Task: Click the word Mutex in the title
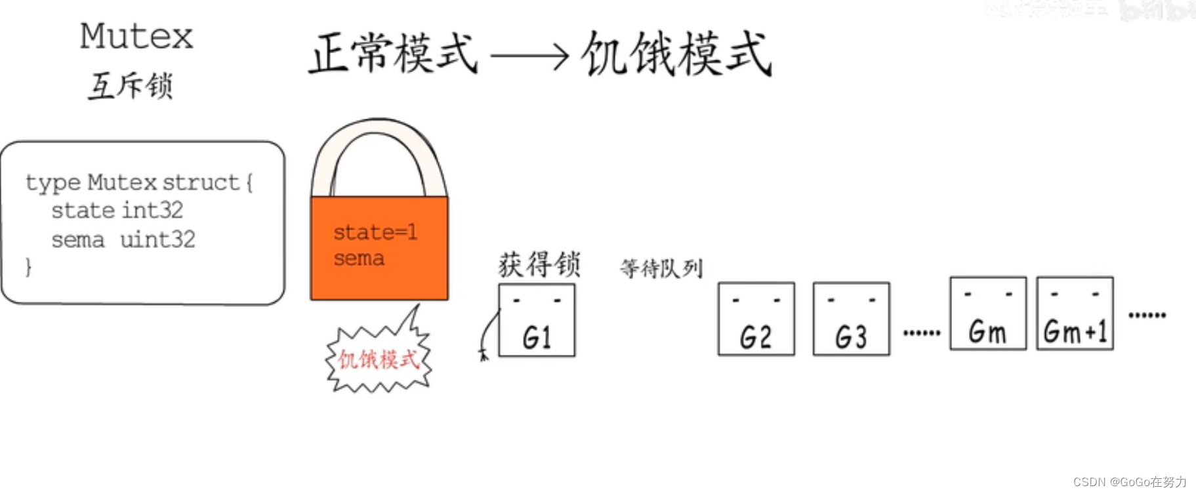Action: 136,36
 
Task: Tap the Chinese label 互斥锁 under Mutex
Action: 131,86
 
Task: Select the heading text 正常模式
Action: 393,53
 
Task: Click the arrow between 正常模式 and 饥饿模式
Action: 529,56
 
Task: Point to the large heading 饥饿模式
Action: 676,53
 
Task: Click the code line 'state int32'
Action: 117,211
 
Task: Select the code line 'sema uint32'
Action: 123,239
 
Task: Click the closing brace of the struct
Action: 28,266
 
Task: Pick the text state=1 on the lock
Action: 375,232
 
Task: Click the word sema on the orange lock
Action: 358,258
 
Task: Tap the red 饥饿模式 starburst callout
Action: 378,360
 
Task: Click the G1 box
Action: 537,321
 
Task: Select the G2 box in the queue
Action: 756,319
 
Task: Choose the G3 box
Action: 851,319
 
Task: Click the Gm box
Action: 987,314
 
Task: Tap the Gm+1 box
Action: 1075,314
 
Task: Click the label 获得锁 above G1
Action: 539,265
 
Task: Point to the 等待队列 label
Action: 661,268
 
